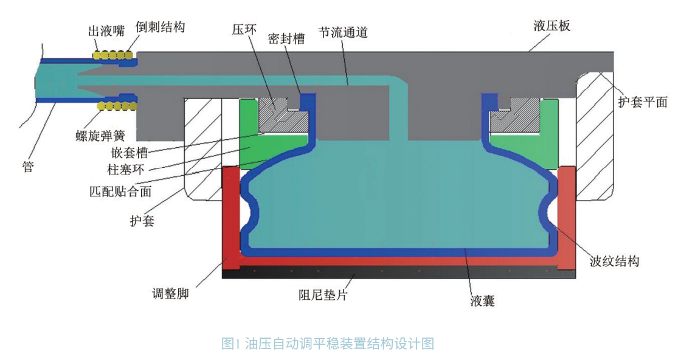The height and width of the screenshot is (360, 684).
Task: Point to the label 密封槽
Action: (288, 39)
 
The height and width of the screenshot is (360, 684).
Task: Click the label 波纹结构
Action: (615, 261)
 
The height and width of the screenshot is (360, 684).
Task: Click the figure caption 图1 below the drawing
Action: (328, 344)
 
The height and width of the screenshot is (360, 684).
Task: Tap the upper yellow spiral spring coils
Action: (114, 55)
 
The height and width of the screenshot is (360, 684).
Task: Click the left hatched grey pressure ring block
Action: (278, 115)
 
